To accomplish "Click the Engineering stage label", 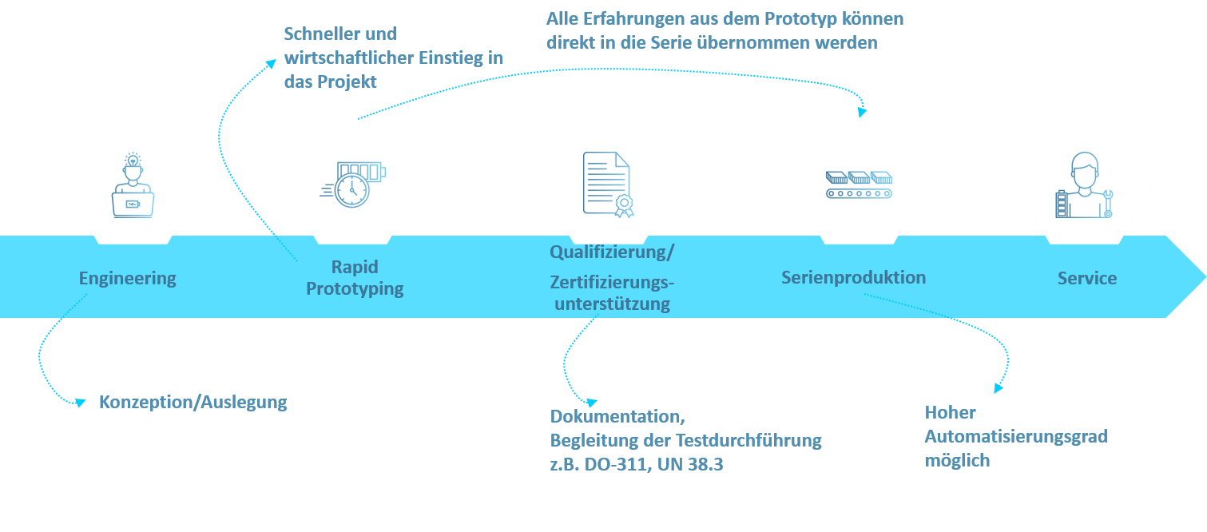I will click(x=128, y=279).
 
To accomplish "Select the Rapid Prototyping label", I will click(x=355, y=278).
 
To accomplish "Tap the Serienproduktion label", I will click(x=853, y=278).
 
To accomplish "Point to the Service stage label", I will click(x=1086, y=279).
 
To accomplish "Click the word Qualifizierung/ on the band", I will click(x=612, y=252).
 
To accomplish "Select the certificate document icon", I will click(x=607, y=185).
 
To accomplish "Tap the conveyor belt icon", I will click(x=859, y=185).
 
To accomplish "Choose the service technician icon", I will click(x=1085, y=185).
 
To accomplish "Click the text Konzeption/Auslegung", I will click(x=193, y=403).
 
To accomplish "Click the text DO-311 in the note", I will click(x=617, y=464).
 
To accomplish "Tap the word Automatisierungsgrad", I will click(x=1016, y=437).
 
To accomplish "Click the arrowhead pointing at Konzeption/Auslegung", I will click(x=80, y=403).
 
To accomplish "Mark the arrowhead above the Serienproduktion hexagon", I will click(x=862, y=113).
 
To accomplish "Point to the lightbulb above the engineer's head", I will click(x=133, y=161).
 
